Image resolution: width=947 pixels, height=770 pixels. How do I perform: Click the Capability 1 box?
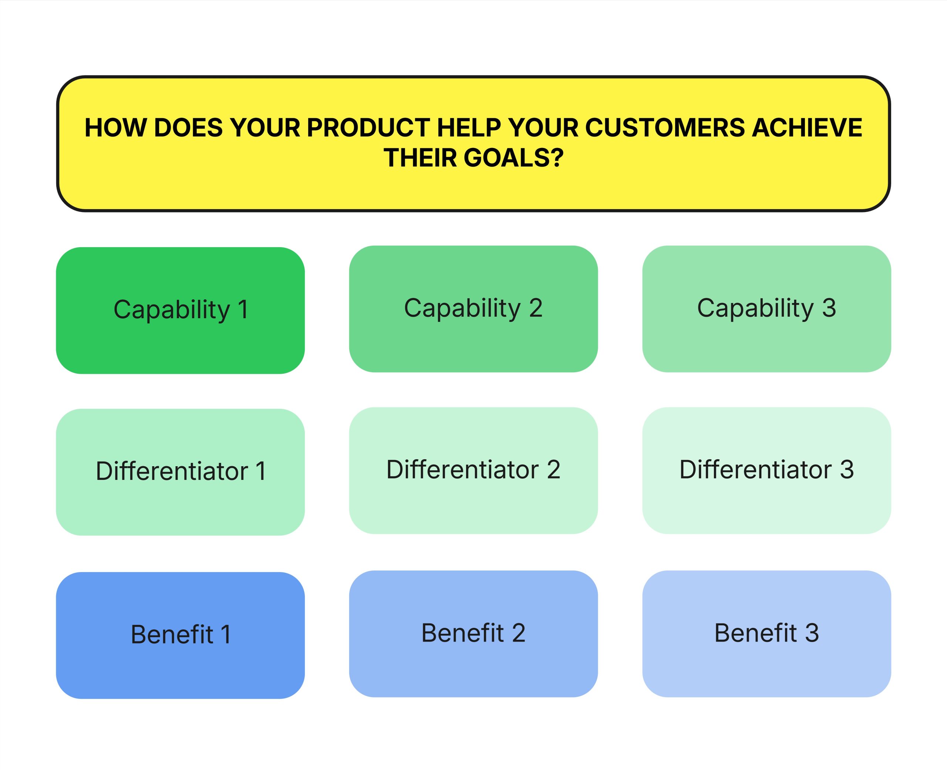click(x=180, y=310)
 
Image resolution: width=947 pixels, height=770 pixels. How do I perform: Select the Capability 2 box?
click(x=473, y=309)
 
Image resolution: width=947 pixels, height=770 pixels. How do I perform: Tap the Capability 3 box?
click(x=766, y=309)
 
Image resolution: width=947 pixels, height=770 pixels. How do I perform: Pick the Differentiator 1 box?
click(x=180, y=472)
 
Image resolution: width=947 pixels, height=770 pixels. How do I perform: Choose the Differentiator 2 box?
click(x=473, y=470)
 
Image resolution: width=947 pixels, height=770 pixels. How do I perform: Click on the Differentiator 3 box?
click(x=766, y=470)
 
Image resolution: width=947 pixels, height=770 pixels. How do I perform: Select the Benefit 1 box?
click(x=180, y=635)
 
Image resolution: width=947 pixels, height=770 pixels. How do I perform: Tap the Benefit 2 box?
click(x=473, y=633)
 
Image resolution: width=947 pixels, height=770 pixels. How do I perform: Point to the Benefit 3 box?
click(x=766, y=633)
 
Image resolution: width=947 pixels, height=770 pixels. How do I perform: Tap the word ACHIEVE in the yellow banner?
click(x=807, y=128)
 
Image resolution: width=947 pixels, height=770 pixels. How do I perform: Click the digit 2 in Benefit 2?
click(x=518, y=633)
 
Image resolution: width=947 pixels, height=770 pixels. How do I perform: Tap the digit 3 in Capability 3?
click(x=829, y=308)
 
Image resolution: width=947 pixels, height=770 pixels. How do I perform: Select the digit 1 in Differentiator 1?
click(x=261, y=471)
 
